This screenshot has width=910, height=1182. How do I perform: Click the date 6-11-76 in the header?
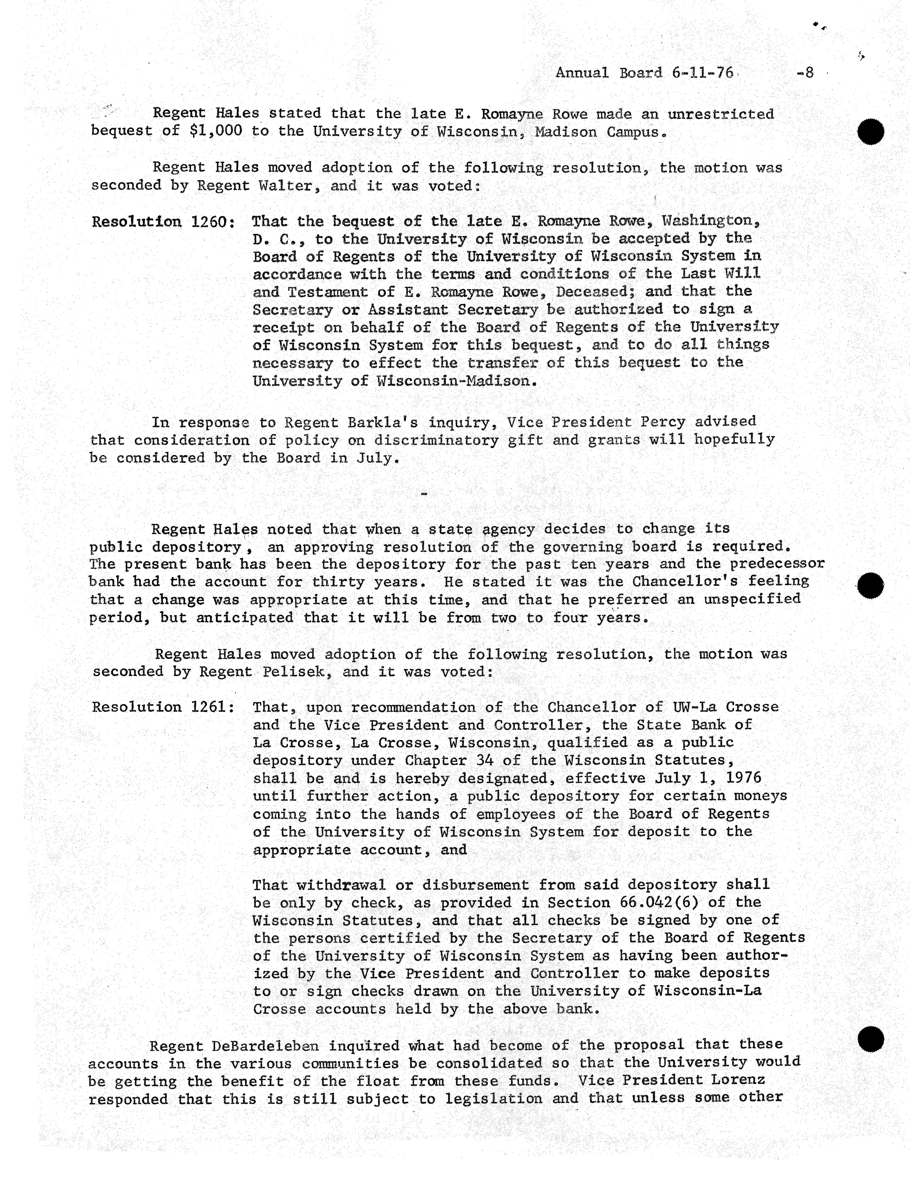703,73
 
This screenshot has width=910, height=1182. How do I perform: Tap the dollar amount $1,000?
216,132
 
